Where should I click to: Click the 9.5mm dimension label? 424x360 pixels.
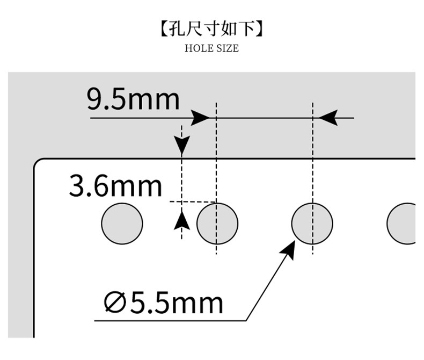click(133, 100)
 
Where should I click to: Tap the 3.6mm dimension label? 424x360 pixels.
click(115, 186)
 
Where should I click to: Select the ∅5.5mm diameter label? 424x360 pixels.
click(163, 304)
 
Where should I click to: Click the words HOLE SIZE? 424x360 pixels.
click(211, 48)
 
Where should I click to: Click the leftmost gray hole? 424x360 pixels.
click(122, 224)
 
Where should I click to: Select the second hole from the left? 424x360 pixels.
click(217, 224)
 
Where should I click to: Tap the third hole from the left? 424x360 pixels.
click(312, 224)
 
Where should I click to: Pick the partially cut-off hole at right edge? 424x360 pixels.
click(403, 224)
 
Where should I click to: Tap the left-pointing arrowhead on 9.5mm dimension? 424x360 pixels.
click(327, 117)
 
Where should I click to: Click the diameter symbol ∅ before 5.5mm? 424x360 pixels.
click(115, 304)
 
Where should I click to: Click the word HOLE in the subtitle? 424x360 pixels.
click(197, 48)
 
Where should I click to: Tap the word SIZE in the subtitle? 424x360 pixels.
click(227, 48)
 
